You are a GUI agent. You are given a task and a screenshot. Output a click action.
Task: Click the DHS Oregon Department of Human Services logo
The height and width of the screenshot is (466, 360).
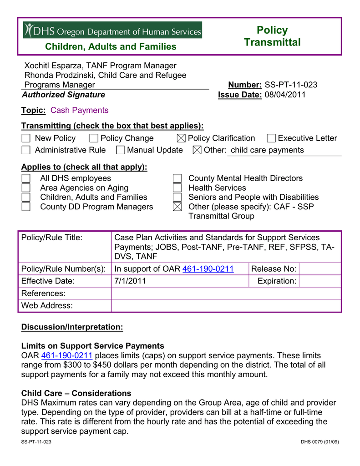[112, 30]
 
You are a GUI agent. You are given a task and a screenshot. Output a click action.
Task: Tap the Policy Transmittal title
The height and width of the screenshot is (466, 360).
[272, 36]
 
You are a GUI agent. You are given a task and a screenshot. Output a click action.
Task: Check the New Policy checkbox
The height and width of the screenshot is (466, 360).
[26, 138]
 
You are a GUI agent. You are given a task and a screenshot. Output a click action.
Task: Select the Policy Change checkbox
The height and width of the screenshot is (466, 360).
[94, 138]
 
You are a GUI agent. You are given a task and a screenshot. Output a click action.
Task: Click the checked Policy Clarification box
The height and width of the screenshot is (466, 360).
[181, 138]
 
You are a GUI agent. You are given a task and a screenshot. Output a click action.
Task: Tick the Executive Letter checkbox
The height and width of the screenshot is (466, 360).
[271, 138]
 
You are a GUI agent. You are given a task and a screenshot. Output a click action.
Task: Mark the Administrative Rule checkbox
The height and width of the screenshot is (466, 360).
[26, 150]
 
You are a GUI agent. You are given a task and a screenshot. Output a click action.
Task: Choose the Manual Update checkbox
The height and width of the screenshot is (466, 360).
[121, 150]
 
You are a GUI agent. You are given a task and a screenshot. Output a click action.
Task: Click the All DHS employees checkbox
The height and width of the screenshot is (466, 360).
[26, 178]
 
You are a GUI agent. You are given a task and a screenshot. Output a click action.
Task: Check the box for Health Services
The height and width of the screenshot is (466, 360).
[177, 188]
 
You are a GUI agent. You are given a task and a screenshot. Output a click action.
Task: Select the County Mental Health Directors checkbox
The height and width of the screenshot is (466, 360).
[177, 178]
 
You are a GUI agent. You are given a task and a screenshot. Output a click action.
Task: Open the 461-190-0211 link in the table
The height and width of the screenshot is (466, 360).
[208, 269]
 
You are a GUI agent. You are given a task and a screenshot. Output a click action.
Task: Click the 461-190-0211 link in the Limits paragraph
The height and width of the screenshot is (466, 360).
[67, 355]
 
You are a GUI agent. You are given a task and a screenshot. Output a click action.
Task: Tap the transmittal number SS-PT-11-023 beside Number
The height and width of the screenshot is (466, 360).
[291, 85]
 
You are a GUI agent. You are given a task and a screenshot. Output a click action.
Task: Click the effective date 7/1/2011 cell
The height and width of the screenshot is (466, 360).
[130, 281]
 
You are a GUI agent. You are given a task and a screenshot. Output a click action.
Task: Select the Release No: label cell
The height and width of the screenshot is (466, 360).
[274, 269]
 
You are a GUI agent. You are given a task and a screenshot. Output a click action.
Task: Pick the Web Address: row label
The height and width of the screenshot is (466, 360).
[47, 305]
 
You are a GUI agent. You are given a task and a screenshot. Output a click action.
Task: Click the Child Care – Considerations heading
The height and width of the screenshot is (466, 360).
[76, 393]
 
